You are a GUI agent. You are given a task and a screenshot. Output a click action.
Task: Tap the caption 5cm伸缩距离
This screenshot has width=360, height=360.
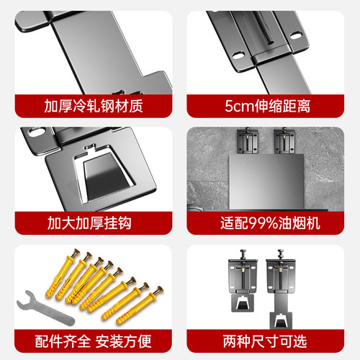(269, 106)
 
